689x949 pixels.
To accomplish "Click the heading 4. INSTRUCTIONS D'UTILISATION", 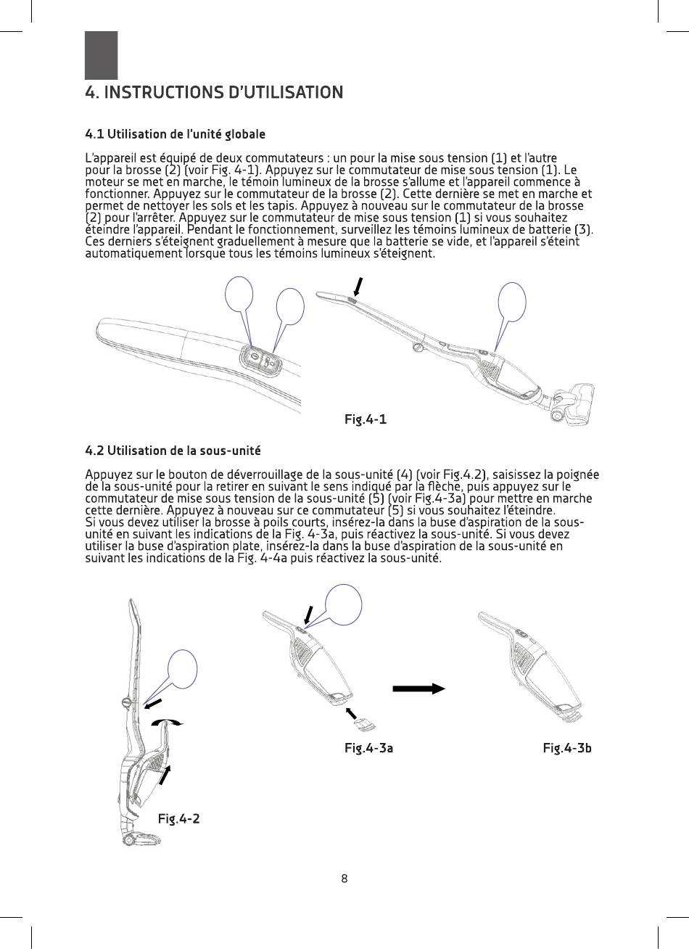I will click(x=213, y=93).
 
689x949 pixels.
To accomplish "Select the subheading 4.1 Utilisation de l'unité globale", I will click(x=175, y=134).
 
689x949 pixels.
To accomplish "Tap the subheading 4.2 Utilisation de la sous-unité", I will click(x=173, y=451).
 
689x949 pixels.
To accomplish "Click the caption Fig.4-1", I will click(x=365, y=419).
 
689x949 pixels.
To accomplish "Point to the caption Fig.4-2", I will click(x=178, y=818).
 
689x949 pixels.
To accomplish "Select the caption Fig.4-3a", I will click(x=368, y=748).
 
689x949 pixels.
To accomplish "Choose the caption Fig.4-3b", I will click(x=567, y=748).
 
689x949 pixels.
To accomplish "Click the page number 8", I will click(x=344, y=879).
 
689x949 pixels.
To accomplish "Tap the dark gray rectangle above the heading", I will click(x=101, y=55).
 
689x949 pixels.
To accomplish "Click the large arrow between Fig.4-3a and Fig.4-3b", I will click(x=418, y=689).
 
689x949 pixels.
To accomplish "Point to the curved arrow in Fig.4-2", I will click(x=167, y=723).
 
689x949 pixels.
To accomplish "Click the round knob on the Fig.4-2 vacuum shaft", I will click(x=126, y=702).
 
